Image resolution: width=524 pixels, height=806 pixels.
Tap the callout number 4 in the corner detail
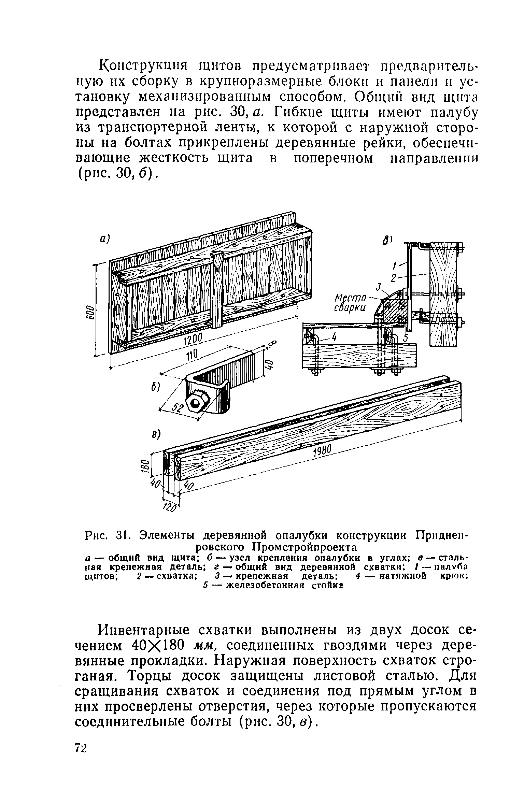tap(334, 338)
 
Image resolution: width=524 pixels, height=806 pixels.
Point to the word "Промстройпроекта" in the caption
tap(305, 547)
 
